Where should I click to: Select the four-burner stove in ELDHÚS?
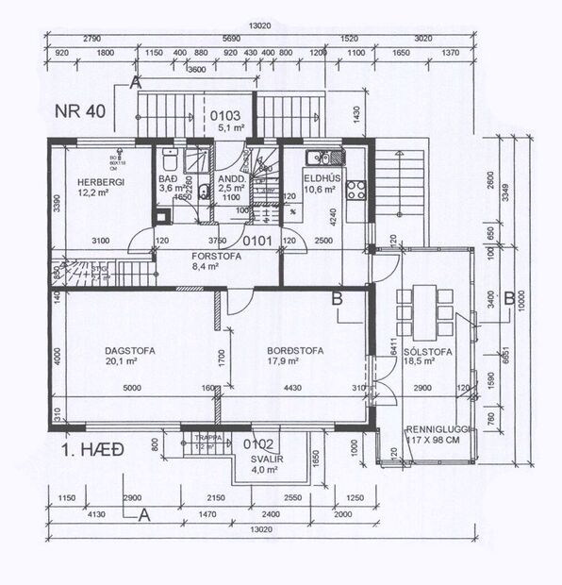point(357,189)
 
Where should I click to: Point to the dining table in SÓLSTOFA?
point(421,309)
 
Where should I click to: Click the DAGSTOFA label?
point(130,350)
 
